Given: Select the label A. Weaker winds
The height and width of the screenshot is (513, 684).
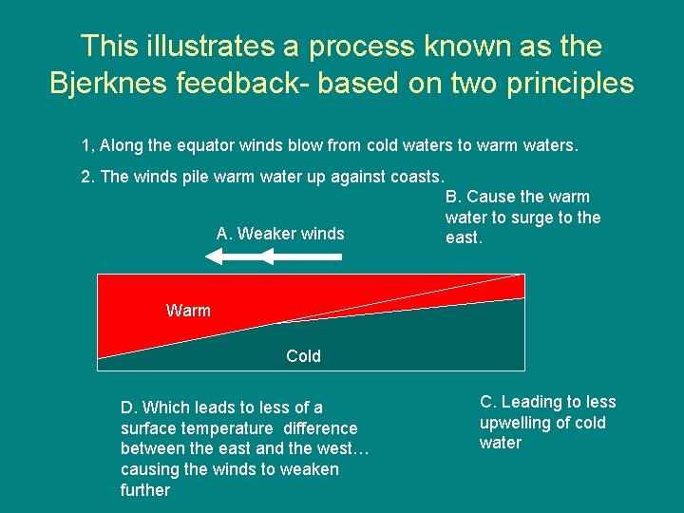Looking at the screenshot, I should (280, 233).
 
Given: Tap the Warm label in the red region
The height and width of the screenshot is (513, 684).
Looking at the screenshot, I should (188, 311).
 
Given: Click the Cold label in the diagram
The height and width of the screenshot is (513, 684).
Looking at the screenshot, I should (303, 356).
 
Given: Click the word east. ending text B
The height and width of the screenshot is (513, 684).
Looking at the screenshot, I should (464, 238).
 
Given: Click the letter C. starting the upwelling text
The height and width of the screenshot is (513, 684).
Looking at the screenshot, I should (488, 402).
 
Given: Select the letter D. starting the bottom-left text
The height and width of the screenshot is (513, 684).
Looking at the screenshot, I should (130, 408).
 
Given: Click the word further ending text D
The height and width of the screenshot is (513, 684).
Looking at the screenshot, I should (145, 490).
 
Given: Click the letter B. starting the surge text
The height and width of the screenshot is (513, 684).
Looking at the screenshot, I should (453, 197).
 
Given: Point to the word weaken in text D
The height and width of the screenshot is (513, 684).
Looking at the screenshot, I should (310, 469).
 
